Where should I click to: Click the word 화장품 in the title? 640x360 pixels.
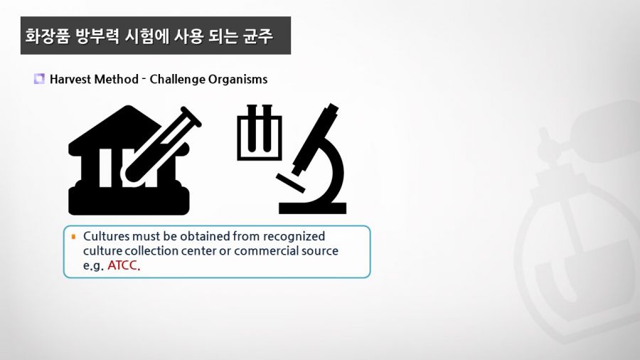[48, 36]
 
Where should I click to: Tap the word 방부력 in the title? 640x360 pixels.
[97, 36]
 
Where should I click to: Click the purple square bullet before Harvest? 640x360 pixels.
[39, 78]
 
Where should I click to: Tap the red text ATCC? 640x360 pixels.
[123, 265]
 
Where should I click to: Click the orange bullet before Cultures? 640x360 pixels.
[73, 236]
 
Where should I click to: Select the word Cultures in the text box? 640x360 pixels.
[107, 236]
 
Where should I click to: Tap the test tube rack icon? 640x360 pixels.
[260, 132]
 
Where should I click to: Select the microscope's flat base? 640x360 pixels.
[313, 208]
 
